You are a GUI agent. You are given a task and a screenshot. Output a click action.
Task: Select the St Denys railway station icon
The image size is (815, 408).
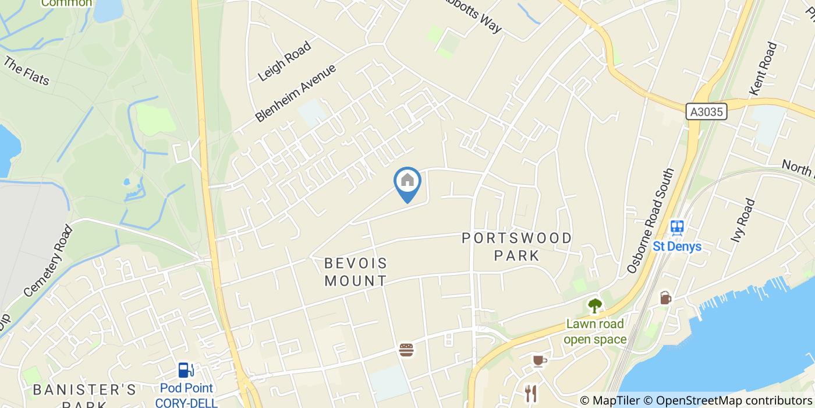[676, 227]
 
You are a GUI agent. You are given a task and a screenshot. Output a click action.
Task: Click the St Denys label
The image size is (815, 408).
[676, 246]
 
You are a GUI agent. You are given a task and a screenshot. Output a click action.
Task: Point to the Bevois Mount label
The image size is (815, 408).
[355, 272]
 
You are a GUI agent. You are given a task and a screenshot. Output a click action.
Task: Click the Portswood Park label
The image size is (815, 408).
[517, 247]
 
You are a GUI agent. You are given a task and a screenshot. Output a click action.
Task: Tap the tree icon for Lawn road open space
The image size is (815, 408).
[594, 305]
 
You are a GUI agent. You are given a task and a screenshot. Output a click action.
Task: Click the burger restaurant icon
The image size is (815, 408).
[406, 350]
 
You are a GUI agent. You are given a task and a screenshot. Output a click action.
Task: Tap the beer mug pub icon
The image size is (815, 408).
[665, 298]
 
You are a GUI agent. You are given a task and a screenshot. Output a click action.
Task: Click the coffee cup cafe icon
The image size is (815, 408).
[540, 361]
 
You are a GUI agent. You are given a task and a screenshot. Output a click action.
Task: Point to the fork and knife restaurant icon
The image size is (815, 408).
[530, 393]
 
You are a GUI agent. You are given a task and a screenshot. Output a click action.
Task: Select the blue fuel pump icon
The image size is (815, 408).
[185, 370]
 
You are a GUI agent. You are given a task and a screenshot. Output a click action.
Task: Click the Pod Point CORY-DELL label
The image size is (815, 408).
[186, 395]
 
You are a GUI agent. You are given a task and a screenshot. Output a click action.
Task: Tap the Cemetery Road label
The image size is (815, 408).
[49, 261]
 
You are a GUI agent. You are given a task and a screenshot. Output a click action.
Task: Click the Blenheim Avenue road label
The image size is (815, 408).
[296, 93]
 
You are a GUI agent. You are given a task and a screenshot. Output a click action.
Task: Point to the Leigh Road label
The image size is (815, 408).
[285, 61]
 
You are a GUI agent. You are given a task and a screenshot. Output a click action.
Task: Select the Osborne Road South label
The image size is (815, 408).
[650, 221]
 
